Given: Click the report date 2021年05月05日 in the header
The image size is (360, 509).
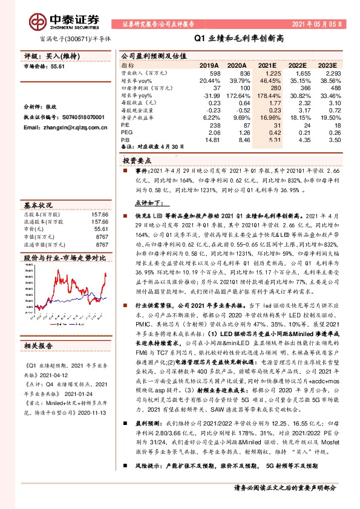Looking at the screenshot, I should (x=317, y=25).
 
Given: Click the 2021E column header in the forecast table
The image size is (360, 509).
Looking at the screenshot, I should (x=267, y=65).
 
